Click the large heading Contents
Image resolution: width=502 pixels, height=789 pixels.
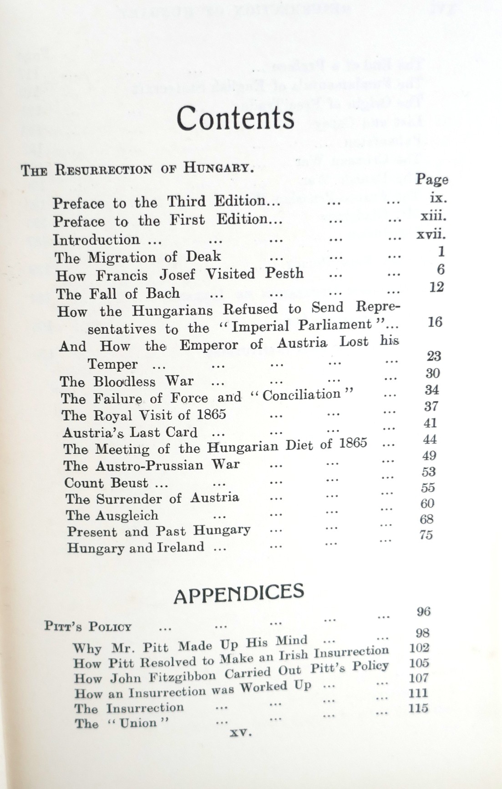[x=235, y=118]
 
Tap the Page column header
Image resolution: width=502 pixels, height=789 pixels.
[x=431, y=179]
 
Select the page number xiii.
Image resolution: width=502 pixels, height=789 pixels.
[x=433, y=216]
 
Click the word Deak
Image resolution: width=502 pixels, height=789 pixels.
[x=203, y=256]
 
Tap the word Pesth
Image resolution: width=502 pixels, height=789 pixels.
[x=284, y=273]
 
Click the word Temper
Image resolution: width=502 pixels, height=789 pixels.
[x=112, y=364]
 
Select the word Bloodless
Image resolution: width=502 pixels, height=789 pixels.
[x=125, y=382]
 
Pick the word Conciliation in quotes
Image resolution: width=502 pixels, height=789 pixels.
[x=302, y=395]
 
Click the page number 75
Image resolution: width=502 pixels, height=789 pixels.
[x=426, y=535]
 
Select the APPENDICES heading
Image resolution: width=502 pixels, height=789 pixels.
[x=239, y=594]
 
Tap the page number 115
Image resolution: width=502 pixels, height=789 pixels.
[x=418, y=708]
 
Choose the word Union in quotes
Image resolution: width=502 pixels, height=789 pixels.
[x=138, y=723]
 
